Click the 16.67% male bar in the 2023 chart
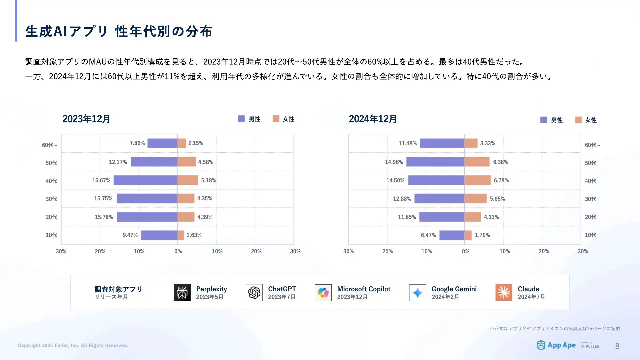pos(145,180)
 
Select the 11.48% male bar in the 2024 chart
pos(442,143)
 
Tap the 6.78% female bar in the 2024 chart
pos(477,180)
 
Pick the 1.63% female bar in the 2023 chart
pos(181,235)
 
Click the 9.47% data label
pos(130,235)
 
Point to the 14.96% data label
pos(394,162)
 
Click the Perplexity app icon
pos(182,293)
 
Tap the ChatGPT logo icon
pos(254,293)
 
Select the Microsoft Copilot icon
pos(323,293)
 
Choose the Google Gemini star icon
pos(417,293)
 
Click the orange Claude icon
pos(504,293)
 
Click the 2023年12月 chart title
pos(86,119)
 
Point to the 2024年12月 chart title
pos(373,119)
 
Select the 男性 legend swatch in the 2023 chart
pos(241,119)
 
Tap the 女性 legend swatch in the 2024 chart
pos(578,120)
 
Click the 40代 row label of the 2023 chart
pos(51,181)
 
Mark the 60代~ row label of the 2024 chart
pos(592,145)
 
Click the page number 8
pos(617,346)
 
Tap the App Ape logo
pos(556,345)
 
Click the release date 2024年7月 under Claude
pos(531,297)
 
